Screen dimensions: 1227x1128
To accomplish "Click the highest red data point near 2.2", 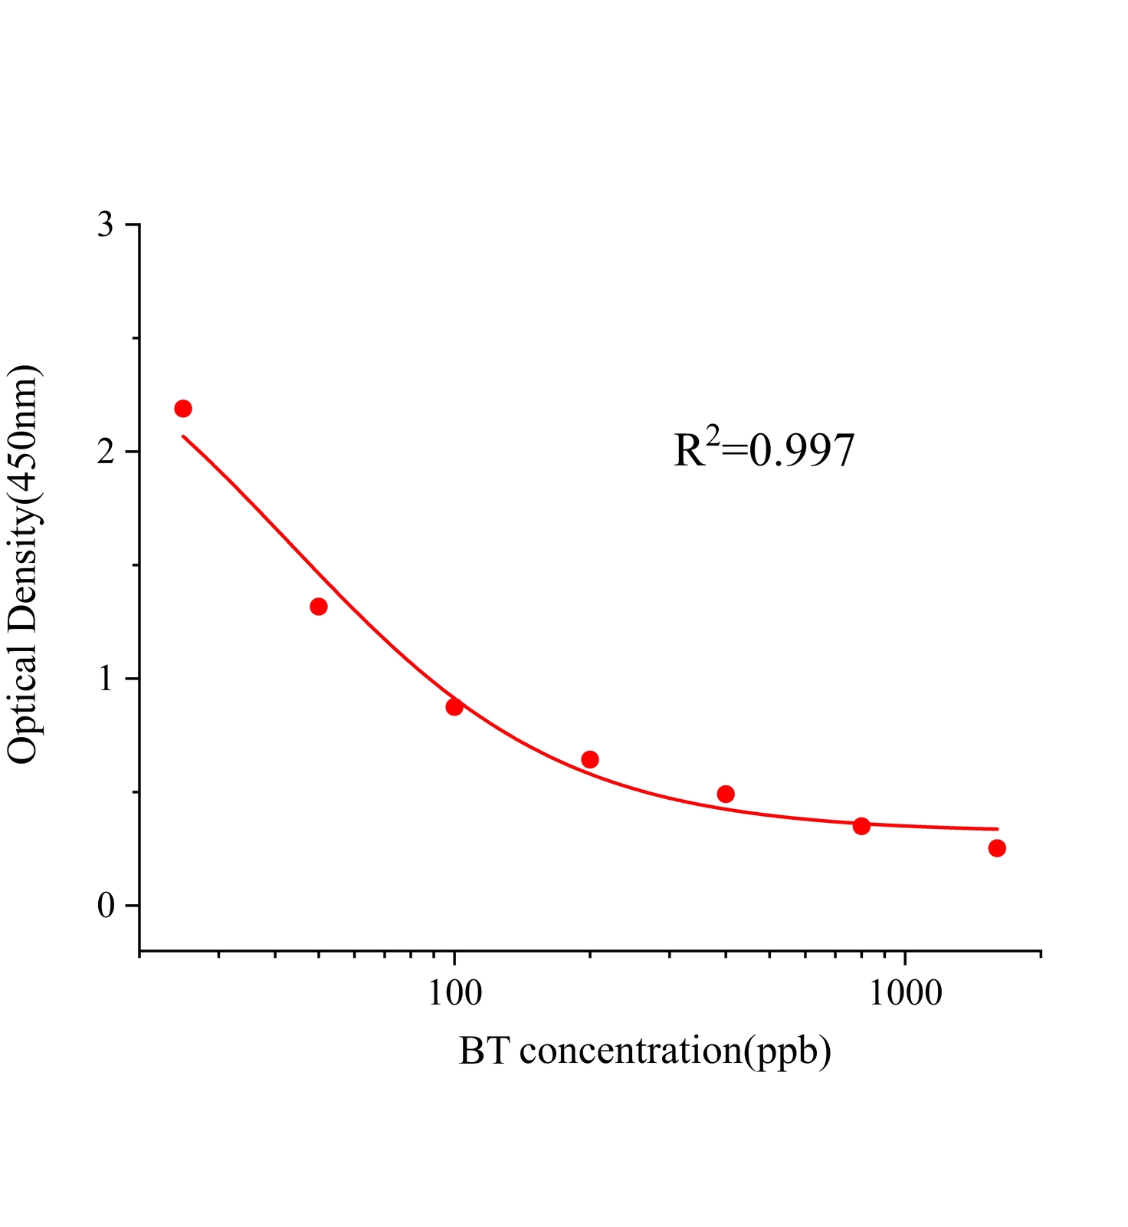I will (182, 409).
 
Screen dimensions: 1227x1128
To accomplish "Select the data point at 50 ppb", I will (319, 607).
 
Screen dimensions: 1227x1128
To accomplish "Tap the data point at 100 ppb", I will (454, 707).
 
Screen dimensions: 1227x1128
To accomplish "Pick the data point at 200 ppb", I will (590, 760).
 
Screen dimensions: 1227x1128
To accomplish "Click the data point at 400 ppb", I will (726, 794).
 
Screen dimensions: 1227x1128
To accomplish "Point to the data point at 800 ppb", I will (861, 826).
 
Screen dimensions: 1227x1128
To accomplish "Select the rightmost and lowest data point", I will (997, 848).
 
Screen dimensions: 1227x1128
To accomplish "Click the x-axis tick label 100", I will (454, 993).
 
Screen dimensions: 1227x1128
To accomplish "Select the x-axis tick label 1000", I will (906, 993).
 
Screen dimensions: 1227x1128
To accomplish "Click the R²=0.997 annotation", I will (763, 450).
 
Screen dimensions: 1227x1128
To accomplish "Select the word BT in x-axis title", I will (484, 1051).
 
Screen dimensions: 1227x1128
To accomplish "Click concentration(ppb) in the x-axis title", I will (674, 1051).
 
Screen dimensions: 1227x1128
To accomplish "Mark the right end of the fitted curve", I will (997, 829).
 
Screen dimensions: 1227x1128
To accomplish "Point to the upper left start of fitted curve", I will (183, 436).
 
